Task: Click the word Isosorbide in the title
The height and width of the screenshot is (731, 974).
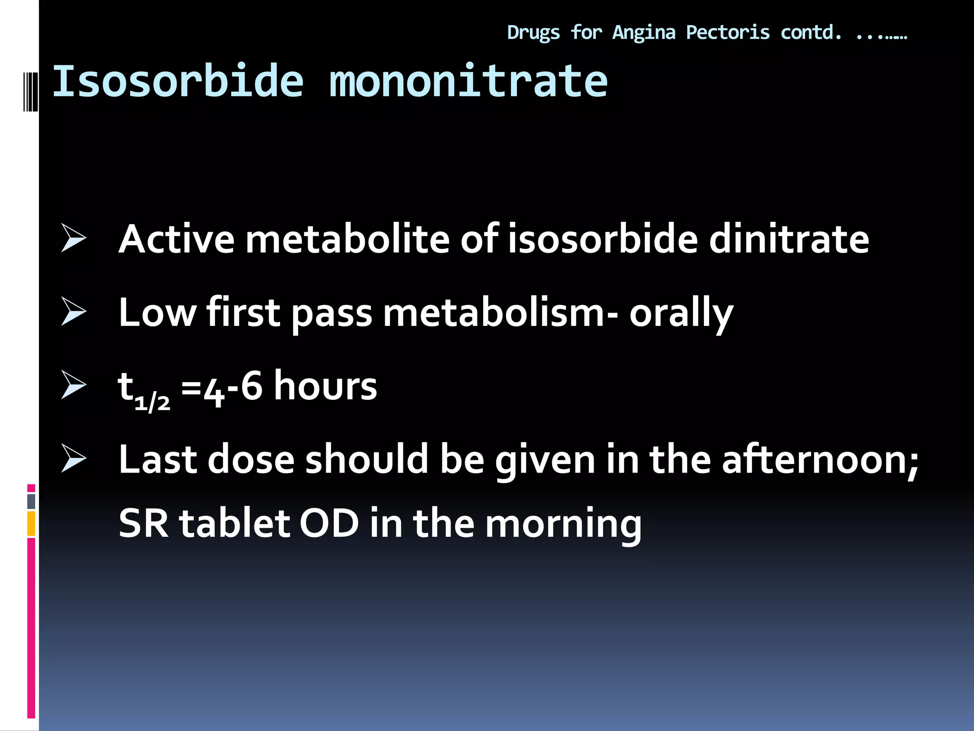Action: point(177,81)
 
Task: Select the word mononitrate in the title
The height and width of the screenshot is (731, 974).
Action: point(468,81)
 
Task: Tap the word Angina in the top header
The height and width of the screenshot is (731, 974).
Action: point(643,33)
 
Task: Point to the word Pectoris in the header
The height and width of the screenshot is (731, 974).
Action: point(728,33)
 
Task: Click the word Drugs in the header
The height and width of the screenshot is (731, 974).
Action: point(533,33)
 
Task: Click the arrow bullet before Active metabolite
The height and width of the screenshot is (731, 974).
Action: point(74,238)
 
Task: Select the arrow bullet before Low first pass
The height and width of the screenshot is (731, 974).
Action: point(74,312)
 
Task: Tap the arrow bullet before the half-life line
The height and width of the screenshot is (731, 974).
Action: point(74,385)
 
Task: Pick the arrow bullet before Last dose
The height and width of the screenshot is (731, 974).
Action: point(74,459)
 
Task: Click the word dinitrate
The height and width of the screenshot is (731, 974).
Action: point(789,238)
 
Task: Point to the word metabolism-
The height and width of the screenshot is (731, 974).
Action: point(501,313)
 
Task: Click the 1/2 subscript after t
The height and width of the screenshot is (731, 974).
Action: point(152,403)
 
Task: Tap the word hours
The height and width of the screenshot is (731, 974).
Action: point(326,385)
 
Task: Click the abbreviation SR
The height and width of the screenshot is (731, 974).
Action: point(143,523)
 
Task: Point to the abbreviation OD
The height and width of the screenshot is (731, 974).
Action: point(329,523)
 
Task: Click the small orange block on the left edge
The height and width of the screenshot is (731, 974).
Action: point(31,524)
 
